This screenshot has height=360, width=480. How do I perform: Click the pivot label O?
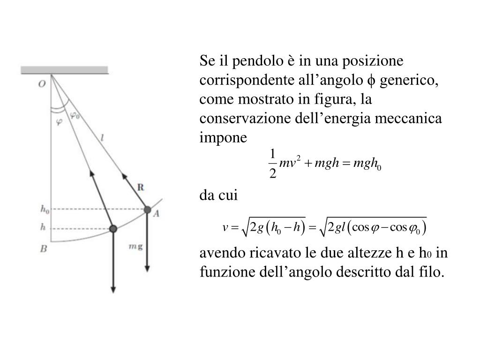coord(42,84)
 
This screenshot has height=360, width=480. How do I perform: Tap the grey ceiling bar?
coord(65,70)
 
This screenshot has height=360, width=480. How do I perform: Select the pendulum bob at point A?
coord(147,210)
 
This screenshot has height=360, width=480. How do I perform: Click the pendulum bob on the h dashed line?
coord(113,228)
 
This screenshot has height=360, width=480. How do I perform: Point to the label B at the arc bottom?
coord(43,249)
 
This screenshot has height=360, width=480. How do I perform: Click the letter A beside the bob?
coord(157,213)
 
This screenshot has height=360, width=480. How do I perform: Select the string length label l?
coord(102,138)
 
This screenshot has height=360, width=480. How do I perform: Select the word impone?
coord(223,138)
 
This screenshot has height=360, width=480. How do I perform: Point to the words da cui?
coord(219,195)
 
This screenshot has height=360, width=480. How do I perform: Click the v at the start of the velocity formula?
coord(225,228)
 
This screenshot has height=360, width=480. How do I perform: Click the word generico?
coord(409,81)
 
